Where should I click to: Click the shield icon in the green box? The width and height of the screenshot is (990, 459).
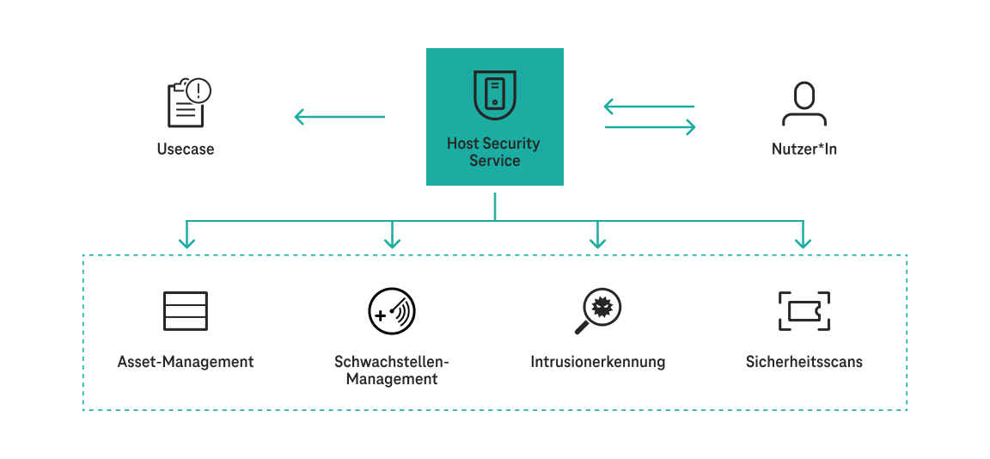pos(495,95)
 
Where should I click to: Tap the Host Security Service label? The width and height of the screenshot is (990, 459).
pos(494,152)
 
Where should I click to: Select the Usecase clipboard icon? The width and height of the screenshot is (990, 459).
pos(185,104)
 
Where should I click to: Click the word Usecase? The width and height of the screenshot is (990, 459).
pos(186,149)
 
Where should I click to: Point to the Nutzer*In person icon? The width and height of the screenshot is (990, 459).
pos(804,104)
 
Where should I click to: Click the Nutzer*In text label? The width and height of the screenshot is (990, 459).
pos(804,149)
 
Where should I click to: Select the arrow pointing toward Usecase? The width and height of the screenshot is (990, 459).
pos(339,116)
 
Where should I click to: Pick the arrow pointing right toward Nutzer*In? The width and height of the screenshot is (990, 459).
pos(650,127)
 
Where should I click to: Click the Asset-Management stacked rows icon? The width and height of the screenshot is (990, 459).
pos(186,311)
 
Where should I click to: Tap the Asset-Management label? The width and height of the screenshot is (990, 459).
pos(186,362)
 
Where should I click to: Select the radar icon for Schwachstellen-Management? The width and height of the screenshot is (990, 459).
pos(392,311)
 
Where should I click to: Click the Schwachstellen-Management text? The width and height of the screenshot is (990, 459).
pos(392,370)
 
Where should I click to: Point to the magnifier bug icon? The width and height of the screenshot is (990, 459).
pos(597,310)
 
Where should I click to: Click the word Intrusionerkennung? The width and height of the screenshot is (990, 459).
pos(598,362)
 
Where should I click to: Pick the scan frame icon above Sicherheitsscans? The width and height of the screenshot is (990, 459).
pos(804,311)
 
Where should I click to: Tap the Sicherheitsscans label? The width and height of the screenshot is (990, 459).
pos(804,362)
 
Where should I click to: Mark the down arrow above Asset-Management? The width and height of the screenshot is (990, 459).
pos(186,236)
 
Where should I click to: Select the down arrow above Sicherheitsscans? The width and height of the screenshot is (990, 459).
pos(803,236)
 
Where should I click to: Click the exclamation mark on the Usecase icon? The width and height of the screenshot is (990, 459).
pos(199,89)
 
